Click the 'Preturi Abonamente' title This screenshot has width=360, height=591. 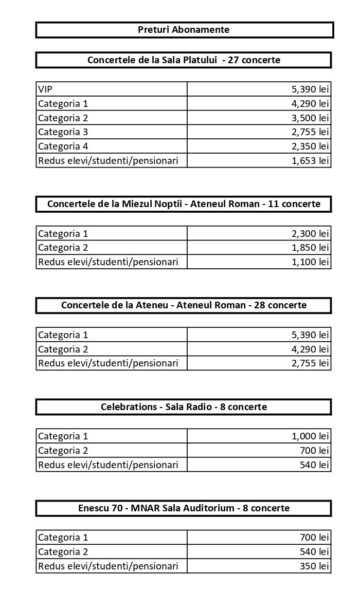coord(184,30)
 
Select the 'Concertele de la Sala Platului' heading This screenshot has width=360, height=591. coord(184,60)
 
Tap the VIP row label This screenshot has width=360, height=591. coord(45,89)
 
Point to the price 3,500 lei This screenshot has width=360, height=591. coord(310,118)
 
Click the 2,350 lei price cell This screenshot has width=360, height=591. coord(310,146)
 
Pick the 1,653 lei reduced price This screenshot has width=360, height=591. coord(310,161)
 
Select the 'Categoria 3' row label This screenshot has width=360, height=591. coord(63,132)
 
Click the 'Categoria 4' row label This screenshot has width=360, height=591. coord(63,146)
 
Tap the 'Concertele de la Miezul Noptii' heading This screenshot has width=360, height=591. coord(184,204)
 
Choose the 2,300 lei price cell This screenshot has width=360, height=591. coord(310,234)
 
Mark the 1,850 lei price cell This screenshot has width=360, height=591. coord(310,248)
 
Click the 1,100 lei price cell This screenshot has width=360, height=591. coord(310,262)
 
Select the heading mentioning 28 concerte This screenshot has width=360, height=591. coord(184,305)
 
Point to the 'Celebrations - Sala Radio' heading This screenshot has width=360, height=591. coord(184,407)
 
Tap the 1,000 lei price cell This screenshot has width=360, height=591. coord(310,436)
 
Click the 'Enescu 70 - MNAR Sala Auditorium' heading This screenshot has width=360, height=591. coord(184,508)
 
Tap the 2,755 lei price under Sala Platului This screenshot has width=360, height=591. coord(310,132)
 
